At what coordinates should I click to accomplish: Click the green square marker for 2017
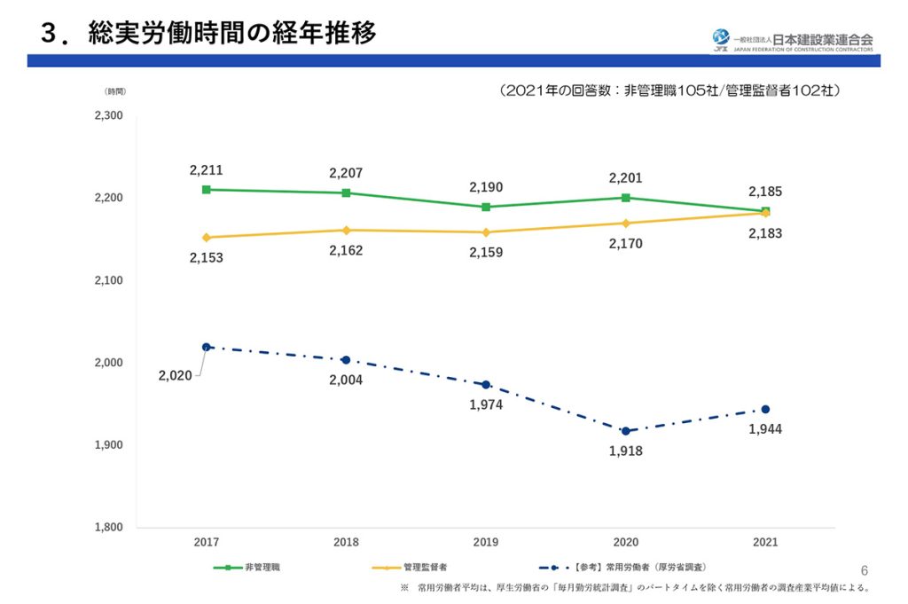pos(207,190)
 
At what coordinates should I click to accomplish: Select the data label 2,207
pos(346,173)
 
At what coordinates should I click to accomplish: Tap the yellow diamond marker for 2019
pos(486,232)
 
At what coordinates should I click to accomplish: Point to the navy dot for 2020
pos(625,431)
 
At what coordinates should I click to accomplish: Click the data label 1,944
pos(764,429)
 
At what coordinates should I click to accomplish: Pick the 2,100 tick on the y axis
pos(108,280)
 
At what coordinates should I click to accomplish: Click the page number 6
pos(865,569)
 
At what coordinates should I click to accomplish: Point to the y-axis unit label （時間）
pos(115,91)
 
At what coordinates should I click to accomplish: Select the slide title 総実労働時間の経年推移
pos(232,34)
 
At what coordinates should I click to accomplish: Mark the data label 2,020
pos(175,376)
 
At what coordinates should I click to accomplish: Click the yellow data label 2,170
pos(625,244)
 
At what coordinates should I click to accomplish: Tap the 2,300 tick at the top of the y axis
pos(108,116)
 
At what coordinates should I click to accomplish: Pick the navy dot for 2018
pos(346,360)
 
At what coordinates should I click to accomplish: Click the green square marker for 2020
pos(625,198)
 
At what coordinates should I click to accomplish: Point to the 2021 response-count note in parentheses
pos(669,90)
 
